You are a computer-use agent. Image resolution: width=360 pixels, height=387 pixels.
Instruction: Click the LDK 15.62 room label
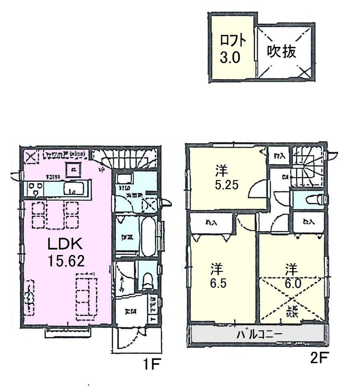[66, 252]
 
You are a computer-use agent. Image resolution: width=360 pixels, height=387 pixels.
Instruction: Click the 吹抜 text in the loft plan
[281, 52]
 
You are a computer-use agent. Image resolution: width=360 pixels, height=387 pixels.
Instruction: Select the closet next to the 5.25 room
[279, 155]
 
